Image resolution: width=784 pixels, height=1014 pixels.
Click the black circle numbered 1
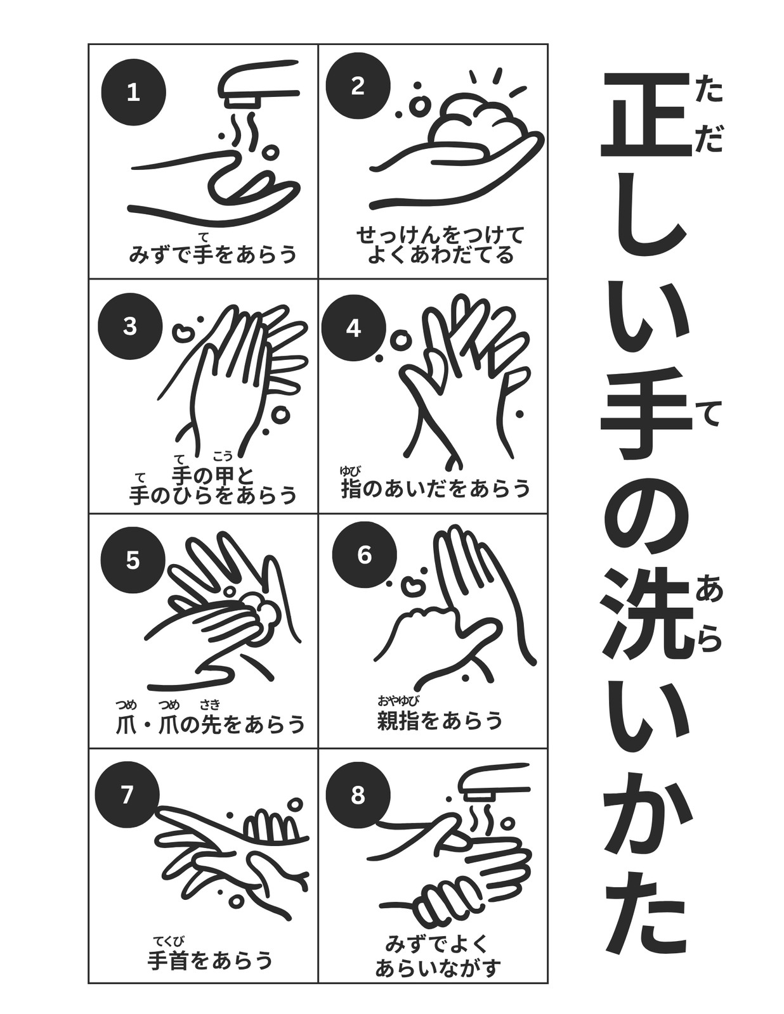pos(134,93)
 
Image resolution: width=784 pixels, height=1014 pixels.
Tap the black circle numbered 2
pos(358,86)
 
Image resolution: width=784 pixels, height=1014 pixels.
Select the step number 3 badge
pos(130,326)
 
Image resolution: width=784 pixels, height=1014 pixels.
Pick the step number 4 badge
pos(354,329)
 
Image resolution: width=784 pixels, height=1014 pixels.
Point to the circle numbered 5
pos(133,560)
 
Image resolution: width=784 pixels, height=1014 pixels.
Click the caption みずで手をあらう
pos(213,254)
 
